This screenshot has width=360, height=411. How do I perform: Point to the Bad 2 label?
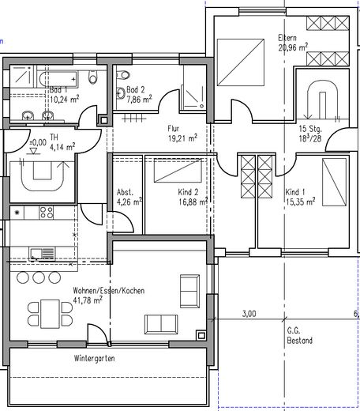137,91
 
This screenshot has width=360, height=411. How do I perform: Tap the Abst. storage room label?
125,191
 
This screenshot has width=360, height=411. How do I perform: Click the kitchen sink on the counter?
39,252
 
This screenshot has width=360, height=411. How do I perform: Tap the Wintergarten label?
96,358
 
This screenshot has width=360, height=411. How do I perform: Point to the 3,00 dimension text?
249,314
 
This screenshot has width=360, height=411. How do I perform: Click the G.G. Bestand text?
299,337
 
